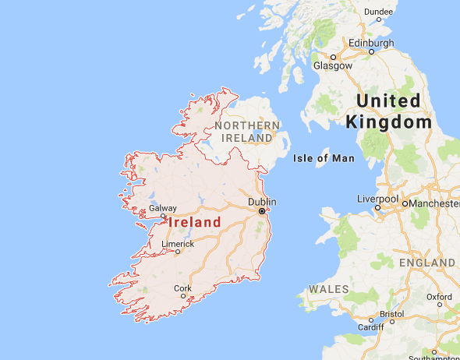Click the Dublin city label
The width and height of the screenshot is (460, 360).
(262, 203)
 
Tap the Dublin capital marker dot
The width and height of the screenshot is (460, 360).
(262, 211)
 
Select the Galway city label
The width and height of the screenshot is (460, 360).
(163, 208)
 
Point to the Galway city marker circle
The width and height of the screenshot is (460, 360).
(163, 217)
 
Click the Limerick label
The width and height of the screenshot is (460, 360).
(177, 243)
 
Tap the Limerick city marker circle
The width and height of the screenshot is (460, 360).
(178, 252)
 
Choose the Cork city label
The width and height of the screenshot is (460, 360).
(182, 288)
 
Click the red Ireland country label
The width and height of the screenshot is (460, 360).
(194, 222)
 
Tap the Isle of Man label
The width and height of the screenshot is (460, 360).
(324, 159)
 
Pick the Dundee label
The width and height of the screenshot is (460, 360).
(378, 11)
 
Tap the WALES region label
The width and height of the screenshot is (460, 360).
(328, 289)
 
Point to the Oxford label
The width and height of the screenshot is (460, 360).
(439, 297)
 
